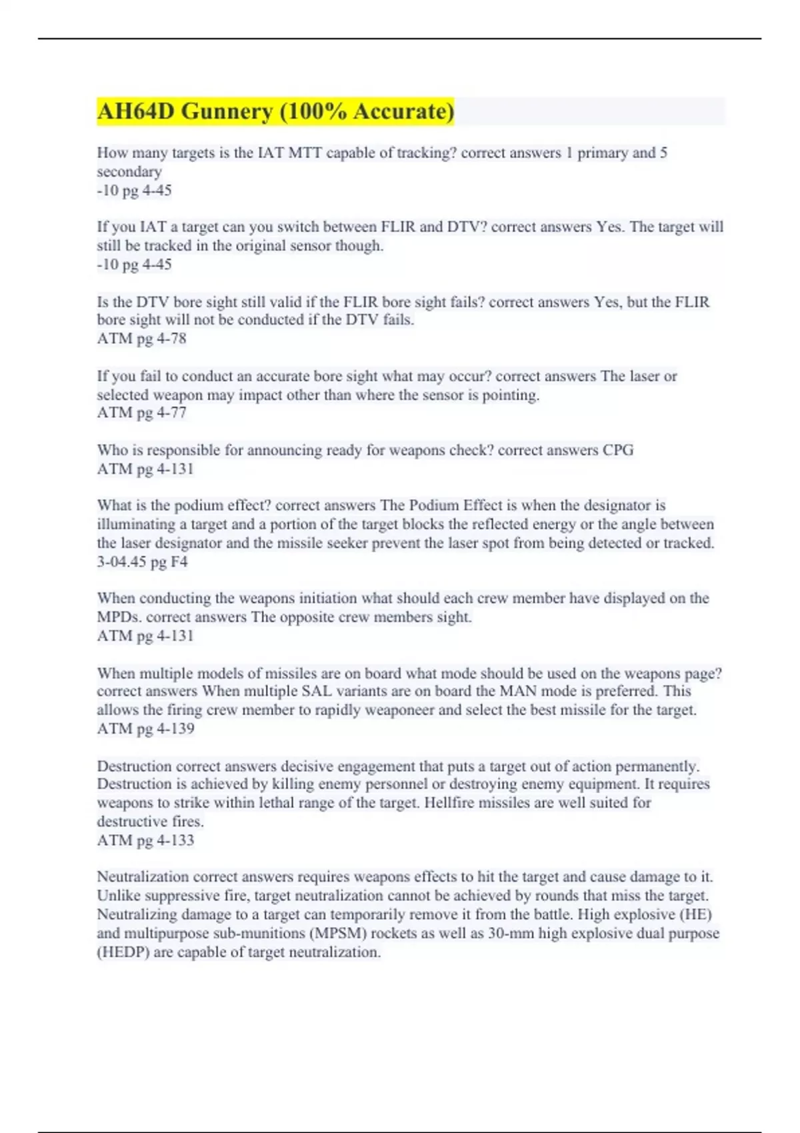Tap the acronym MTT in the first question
[x=306, y=153]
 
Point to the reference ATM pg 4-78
[x=141, y=339]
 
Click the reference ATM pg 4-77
[x=141, y=413]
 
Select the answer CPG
[x=618, y=450]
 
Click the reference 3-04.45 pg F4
[x=142, y=562]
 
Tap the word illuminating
[x=136, y=525]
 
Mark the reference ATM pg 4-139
[x=145, y=728]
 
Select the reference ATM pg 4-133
[x=145, y=840]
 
